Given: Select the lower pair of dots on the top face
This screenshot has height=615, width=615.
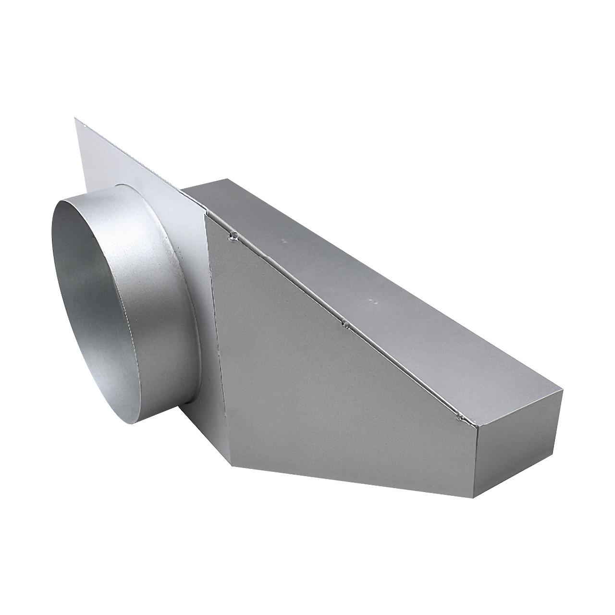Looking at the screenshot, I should pos(373,302).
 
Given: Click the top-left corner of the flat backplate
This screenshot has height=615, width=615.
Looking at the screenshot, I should pos(75,118).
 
